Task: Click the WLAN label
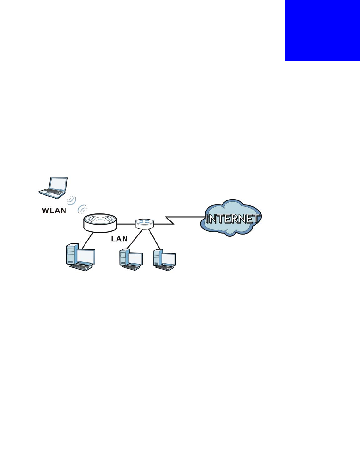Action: click(x=54, y=210)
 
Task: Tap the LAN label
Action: click(x=119, y=239)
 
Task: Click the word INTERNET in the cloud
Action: click(x=232, y=219)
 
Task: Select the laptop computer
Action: click(x=53, y=187)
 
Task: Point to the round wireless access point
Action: click(x=100, y=222)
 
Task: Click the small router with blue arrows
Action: click(x=144, y=223)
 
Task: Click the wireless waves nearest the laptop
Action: click(x=72, y=200)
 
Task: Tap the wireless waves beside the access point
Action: click(x=82, y=209)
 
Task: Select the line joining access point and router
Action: click(x=126, y=223)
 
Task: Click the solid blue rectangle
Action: click(x=323, y=30)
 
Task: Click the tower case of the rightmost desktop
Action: click(x=157, y=258)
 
